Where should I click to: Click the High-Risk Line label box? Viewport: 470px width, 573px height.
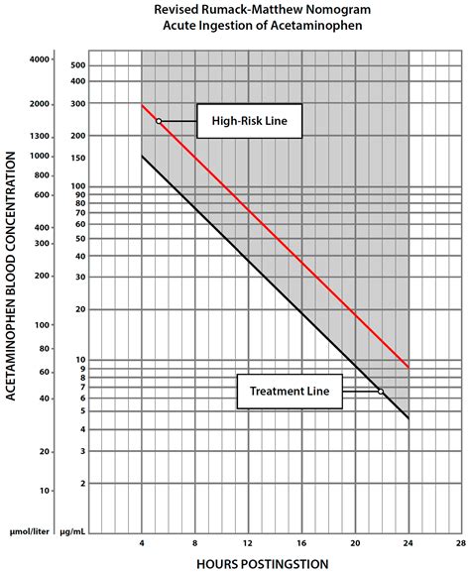click(x=250, y=121)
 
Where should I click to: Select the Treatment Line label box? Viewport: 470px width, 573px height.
click(x=290, y=392)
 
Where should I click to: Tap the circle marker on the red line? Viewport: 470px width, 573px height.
click(x=159, y=121)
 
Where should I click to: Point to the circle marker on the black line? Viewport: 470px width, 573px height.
click(x=381, y=392)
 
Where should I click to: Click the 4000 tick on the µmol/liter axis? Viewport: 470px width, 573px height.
click(x=40, y=59)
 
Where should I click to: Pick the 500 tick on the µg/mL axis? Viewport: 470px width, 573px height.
click(x=78, y=65)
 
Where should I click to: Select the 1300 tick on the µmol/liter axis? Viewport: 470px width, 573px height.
click(x=40, y=136)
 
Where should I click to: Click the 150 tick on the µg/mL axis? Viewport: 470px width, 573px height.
click(x=78, y=159)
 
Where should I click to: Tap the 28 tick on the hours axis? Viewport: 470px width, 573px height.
click(x=461, y=543)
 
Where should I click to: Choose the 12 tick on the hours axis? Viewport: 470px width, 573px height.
click(x=248, y=543)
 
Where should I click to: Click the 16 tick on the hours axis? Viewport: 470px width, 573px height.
click(x=301, y=543)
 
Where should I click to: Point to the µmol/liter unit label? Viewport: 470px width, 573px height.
click(x=29, y=531)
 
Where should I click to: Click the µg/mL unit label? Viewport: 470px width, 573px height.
click(x=72, y=531)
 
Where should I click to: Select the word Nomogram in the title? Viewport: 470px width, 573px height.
click(x=342, y=10)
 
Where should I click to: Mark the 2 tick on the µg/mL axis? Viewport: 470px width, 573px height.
click(x=82, y=484)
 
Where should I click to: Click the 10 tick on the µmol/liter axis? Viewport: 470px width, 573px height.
click(x=45, y=491)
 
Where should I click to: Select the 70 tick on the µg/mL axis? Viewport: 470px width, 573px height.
click(x=80, y=213)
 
